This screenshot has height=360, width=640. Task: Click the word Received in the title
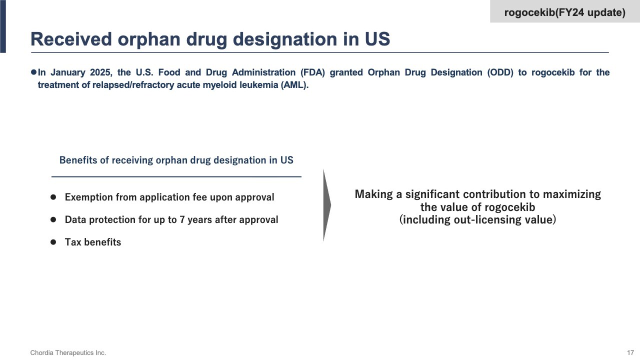(x=71, y=39)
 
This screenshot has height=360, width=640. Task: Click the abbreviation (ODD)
(x=500, y=72)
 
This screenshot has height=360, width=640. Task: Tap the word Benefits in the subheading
(x=78, y=160)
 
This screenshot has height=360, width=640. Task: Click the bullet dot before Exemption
(x=53, y=197)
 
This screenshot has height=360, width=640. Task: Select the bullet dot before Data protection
(x=53, y=219)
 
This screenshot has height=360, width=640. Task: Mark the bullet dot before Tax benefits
(x=53, y=242)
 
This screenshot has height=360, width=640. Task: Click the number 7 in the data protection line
(x=182, y=219)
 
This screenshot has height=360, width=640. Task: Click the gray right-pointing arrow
(x=327, y=205)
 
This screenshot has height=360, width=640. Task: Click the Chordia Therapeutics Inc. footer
(x=68, y=353)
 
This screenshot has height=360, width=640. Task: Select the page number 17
(x=630, y=353)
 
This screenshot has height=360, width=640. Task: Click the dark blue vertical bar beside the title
(x=3, y=26)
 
